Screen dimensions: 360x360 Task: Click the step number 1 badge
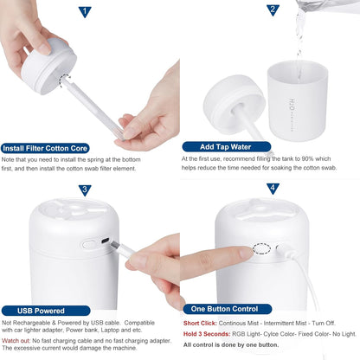coord(84,12)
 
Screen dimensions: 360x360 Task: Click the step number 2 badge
coord(272,10)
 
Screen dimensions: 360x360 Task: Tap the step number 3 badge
coord(85,190)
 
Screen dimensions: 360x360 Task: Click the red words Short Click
coord(201,323)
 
